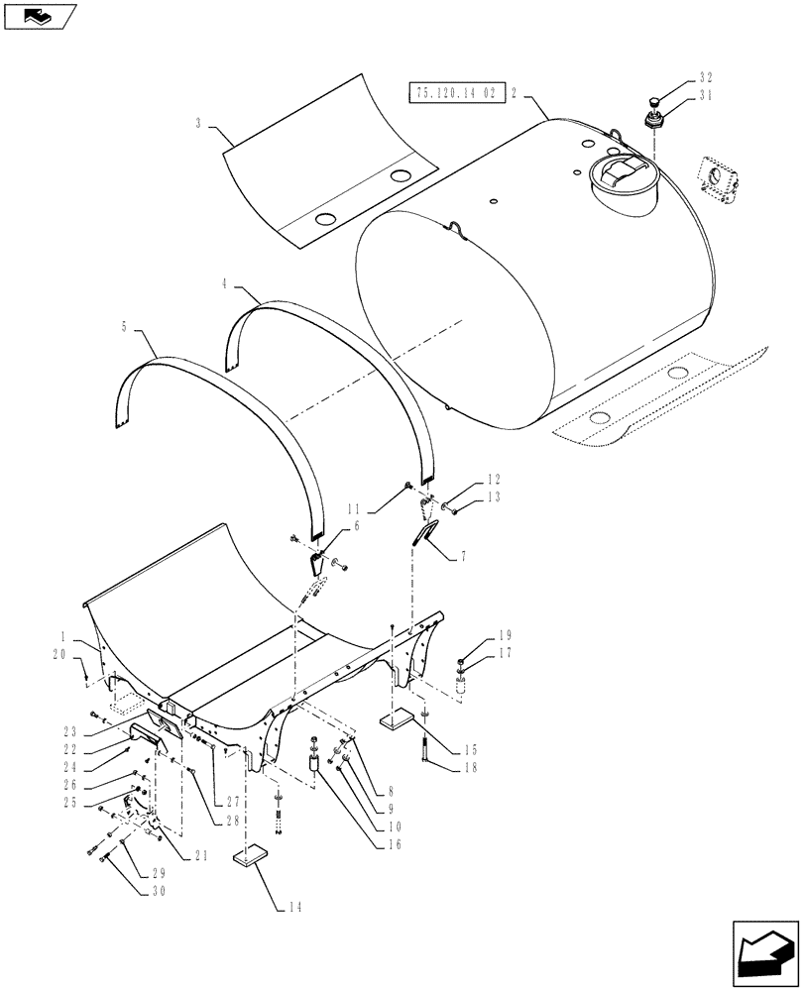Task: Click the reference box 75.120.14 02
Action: [x=456, y=94]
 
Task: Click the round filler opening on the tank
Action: [x=622, y=180]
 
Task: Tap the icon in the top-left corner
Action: [x=37, y=15]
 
